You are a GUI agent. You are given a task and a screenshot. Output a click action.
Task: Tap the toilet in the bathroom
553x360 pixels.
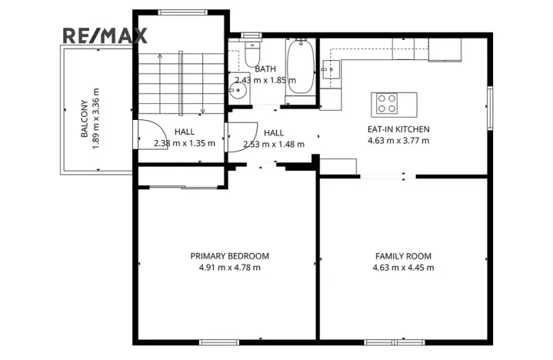click(x=254, y=52)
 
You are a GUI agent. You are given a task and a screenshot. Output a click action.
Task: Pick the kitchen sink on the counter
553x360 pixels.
click(x=331, y=72)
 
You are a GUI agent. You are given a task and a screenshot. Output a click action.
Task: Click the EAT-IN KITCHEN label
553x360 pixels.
click(x=398, y=129)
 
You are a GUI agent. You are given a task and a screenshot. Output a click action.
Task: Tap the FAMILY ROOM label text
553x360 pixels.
click(x=403, y=256)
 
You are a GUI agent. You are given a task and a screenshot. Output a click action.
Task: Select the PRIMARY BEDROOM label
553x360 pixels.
click(x=230, y=256)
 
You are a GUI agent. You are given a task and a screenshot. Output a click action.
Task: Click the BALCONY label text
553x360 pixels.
click(x=84, y=121)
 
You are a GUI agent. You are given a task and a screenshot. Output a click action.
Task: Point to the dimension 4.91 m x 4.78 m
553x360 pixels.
click(x=230, y=268)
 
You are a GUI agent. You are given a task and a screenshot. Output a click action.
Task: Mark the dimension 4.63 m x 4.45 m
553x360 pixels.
click(x=403, y=268)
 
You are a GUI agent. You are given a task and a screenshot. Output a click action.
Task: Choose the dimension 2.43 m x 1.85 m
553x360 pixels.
click(x=265, y=80)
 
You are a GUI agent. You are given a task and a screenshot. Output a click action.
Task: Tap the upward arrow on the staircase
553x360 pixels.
click(x=159, y=58)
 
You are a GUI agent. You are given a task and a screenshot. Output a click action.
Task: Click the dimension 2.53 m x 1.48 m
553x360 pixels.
click(x=273, y=144)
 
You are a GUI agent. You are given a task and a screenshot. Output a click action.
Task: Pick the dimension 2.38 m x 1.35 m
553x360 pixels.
click(x=184, y=143)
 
